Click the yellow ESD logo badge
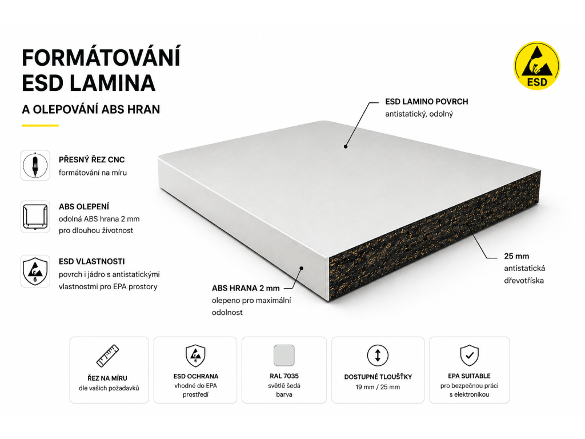(537, 65)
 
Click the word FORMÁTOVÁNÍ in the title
(101, 58)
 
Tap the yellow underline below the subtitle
(41, 125)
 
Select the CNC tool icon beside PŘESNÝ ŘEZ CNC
(35, 165)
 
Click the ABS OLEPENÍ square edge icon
(35, 217)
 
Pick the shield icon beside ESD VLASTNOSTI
(35, 271)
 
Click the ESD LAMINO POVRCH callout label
(426, 102)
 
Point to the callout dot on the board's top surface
(346, 147)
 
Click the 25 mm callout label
(516, 256)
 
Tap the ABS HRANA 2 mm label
(246, 288)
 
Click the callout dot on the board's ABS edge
(302, 268)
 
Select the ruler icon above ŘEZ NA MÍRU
(108, 356)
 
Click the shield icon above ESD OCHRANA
(195, 356)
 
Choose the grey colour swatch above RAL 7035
(284, 355)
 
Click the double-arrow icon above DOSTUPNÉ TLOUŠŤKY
(378, 355)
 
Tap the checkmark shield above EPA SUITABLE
(470, 356)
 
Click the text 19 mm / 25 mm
(378, 388)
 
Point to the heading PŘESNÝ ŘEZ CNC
(92, 160)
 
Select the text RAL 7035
(284, 376)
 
